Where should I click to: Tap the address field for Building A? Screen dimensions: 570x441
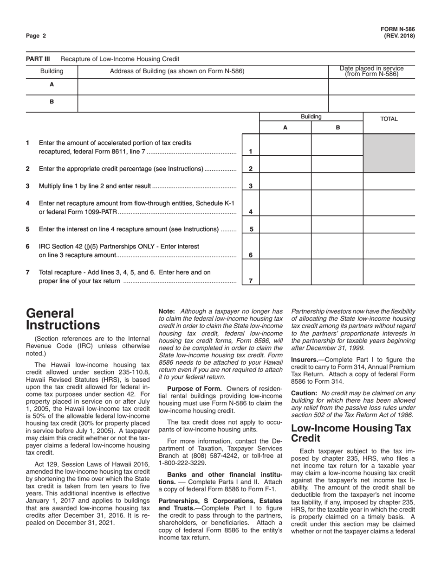tap(203, 86)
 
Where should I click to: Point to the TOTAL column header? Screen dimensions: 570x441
tap(389, 119)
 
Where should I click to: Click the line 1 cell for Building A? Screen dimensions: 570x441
tap(285, 145)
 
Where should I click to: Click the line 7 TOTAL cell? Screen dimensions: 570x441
tap(389, 272)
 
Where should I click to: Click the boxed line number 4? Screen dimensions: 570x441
tap(251, 212)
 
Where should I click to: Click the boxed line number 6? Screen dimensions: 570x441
tap(251, 255)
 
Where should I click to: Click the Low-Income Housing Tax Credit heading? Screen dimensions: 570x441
tap(350, 433)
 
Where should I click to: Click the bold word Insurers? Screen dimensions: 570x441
tap(306, 359)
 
